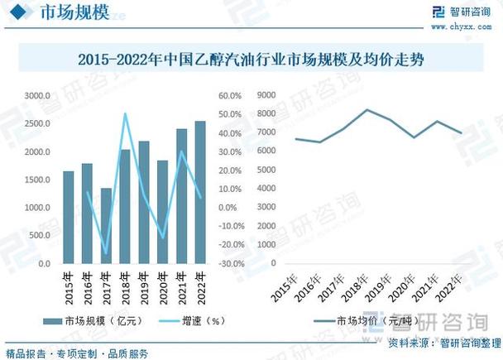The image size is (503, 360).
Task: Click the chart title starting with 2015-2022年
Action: [251, 60]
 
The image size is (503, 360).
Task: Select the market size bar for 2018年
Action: [125, 207]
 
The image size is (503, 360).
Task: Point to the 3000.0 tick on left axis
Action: [37, 96]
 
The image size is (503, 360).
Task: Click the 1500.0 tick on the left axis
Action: [37, 180]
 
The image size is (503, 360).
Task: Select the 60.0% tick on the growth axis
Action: [229, 96]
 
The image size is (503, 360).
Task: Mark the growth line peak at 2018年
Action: [125, 114]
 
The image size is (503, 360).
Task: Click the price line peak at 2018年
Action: [366, 109]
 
